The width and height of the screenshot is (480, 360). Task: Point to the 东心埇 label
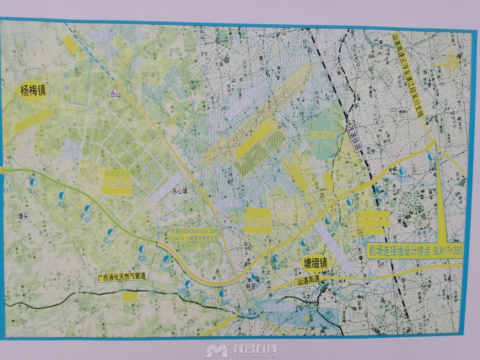click(x=180, y=190)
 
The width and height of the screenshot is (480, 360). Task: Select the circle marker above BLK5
click(x=110, y=231)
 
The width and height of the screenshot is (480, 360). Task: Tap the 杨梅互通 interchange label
click(x=100, y=36)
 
